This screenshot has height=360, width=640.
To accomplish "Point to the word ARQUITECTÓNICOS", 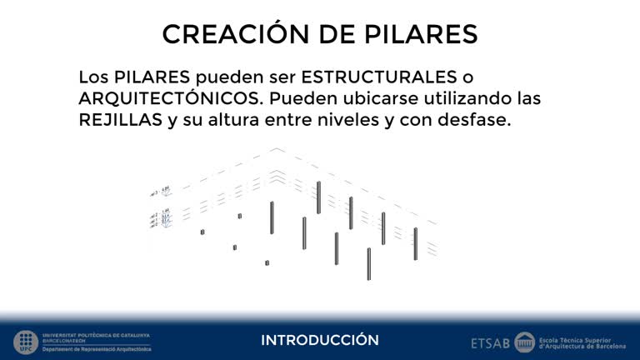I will point(172,98).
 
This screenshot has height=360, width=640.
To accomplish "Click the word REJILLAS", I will point(120,120).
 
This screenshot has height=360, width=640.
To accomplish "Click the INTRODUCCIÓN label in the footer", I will point(320,340).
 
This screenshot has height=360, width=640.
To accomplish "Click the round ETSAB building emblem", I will point(524,342).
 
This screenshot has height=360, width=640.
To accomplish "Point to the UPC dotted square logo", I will point(25,342).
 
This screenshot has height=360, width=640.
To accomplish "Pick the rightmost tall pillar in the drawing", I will point(415,243).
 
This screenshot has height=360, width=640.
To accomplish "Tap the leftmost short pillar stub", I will point(202,232).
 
